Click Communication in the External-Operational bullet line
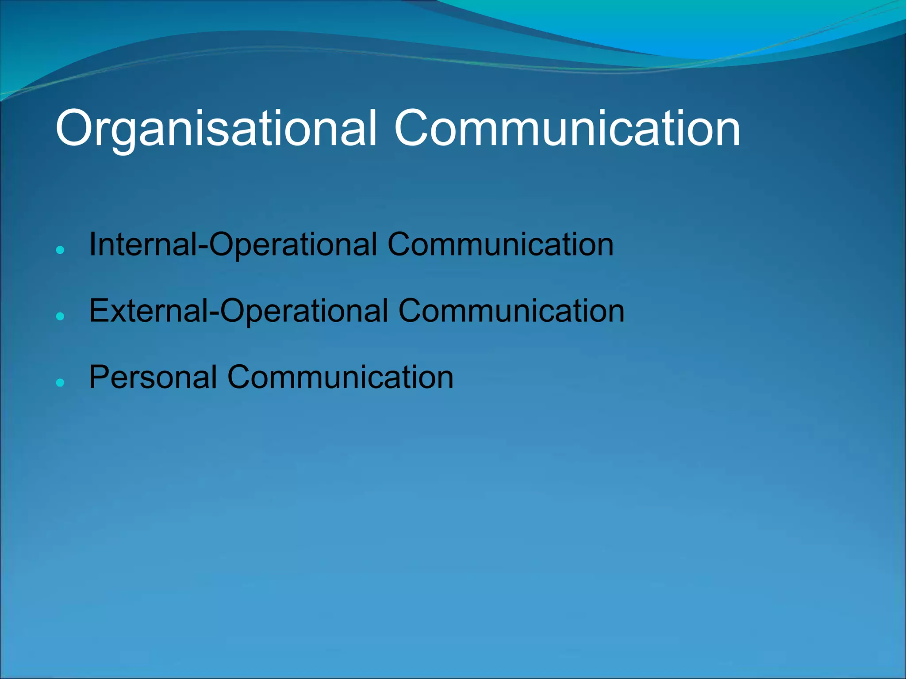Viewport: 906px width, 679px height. click(x=511, y=311)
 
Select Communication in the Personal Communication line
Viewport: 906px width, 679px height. click(x=340, y=378)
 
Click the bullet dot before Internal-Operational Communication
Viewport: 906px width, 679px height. click(x=61, y=250)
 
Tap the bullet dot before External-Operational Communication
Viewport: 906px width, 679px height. click(x=61, y=317)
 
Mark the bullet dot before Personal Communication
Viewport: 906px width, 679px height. click(x=61, y=383)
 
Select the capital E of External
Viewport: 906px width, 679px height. click(x=99, y=311)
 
